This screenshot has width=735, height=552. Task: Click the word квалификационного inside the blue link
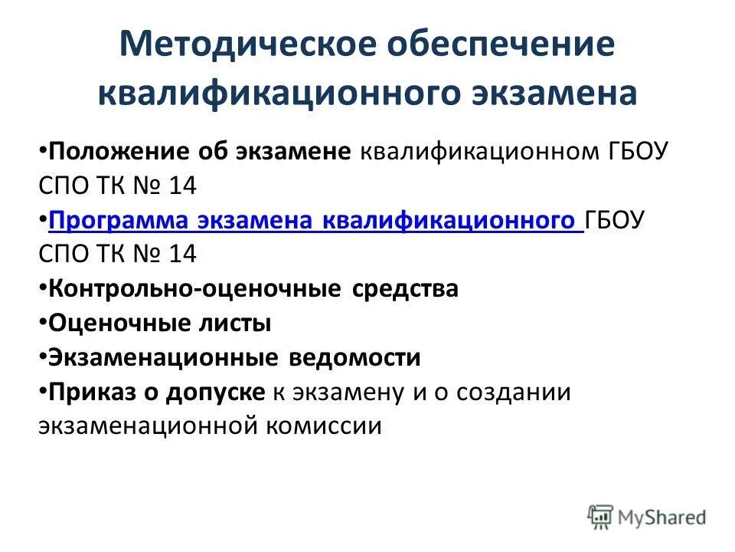[x=449, y=221]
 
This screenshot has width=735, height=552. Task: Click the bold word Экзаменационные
[x=163, y=357]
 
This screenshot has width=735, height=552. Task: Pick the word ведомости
[x=355, y=357]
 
